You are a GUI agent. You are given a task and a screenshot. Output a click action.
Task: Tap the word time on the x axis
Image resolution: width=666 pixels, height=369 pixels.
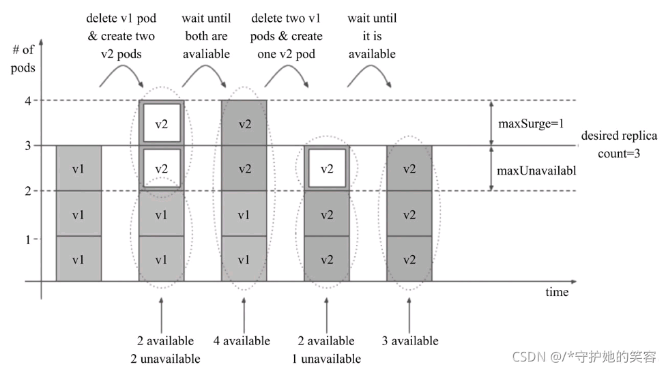[x=557, y=292]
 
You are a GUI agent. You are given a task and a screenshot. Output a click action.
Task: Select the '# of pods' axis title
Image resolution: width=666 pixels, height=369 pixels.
[x=24, y=60]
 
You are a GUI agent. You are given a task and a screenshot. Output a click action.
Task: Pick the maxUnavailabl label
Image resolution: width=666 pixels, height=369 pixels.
[x=536, y=170]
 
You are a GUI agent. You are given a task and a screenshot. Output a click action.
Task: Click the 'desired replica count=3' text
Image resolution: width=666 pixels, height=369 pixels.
[x=619, y=145]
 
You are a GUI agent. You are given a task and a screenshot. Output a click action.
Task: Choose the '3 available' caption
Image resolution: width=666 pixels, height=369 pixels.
[x=409, y=340]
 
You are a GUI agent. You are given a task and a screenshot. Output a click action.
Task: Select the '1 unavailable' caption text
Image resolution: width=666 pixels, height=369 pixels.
[x=326, y=358]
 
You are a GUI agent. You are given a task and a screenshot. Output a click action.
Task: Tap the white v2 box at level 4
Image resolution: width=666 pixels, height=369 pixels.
[x=162, y=123]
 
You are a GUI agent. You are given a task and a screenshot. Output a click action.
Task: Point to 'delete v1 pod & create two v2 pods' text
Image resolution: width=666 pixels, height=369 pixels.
[x=120, y=36]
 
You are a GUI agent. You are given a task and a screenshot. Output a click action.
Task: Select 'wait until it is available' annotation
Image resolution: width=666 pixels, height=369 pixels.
[x=372, y=36]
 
